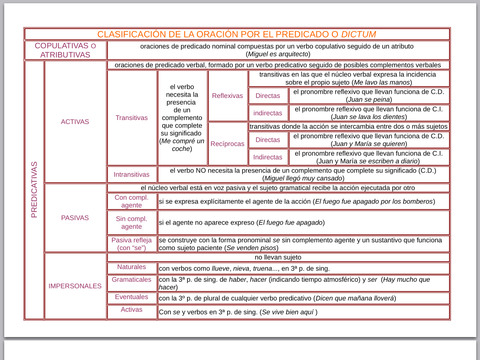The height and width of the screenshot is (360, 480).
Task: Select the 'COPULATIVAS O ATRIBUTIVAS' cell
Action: point(65,50)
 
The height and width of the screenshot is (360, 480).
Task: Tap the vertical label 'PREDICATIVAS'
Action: point(34,189)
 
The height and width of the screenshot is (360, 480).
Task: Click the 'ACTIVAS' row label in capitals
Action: point(75,121)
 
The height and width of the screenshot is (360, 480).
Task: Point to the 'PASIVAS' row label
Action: point(75,217)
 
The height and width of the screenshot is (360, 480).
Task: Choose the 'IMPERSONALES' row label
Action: point(75,286)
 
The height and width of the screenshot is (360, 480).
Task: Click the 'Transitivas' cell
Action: point(132,118)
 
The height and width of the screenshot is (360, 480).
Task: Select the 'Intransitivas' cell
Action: point(132,174)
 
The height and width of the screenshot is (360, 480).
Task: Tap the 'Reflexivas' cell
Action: point(227,96)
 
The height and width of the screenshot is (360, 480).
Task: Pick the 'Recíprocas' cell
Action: point(227,143)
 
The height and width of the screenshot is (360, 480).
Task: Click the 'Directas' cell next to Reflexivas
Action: point(268,96)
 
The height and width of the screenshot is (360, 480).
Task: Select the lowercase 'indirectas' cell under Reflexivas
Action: point(268,113)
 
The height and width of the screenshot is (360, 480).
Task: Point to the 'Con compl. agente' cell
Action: point(132,201)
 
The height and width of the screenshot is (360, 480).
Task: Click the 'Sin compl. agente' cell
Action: point(132,222)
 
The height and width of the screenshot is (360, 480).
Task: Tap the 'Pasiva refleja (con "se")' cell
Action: point(132,244)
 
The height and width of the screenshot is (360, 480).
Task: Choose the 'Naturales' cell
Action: point(132,267)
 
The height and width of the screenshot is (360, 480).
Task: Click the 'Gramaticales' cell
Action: point(132,279)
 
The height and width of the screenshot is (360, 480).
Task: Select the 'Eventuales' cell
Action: point(132,297)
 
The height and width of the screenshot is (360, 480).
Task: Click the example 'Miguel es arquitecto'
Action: point(278,54)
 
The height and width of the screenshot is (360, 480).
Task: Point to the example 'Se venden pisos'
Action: point(252,248)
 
